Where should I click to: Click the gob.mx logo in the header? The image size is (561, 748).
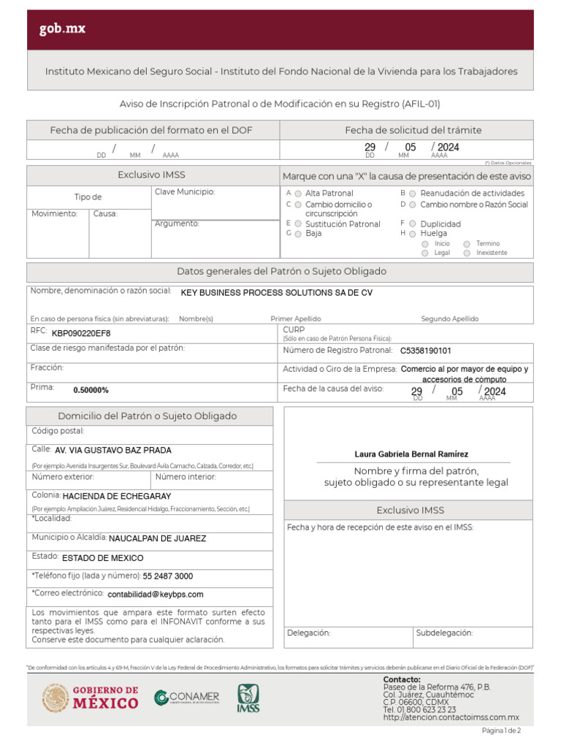(x=63, y=29)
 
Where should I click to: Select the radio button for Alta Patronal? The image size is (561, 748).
(x=298, y=194)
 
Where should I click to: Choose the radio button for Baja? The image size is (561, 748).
(x=298, y=234)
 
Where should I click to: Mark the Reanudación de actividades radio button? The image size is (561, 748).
(x=413, y=194)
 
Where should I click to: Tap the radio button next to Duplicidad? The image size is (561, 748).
(x=413, y=224)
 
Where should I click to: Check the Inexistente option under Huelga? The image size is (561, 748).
(x=467, y=253)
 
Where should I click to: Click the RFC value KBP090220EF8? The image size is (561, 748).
(x=81, y=333)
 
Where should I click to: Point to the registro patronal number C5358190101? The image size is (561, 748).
(x=425, y=351)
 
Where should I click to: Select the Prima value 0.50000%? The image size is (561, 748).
(x=91, y=390)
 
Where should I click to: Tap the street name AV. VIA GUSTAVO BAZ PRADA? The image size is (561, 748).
(x=113, y=451)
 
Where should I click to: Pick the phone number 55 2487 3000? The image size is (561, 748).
(x=168, y=576)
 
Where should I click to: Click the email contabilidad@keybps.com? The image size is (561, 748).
(x=155, y=595)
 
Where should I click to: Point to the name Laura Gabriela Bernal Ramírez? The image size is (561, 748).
(x=411, y=454)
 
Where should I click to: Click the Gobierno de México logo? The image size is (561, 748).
(x=90, y=698)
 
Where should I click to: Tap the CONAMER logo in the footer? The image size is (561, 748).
(x=186, y=698)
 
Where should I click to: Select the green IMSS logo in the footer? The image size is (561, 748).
(x=248, y=698)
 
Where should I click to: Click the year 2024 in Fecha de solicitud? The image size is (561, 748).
(x=448, y=148)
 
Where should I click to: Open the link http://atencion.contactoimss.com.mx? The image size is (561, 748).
(x=451, y=717)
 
